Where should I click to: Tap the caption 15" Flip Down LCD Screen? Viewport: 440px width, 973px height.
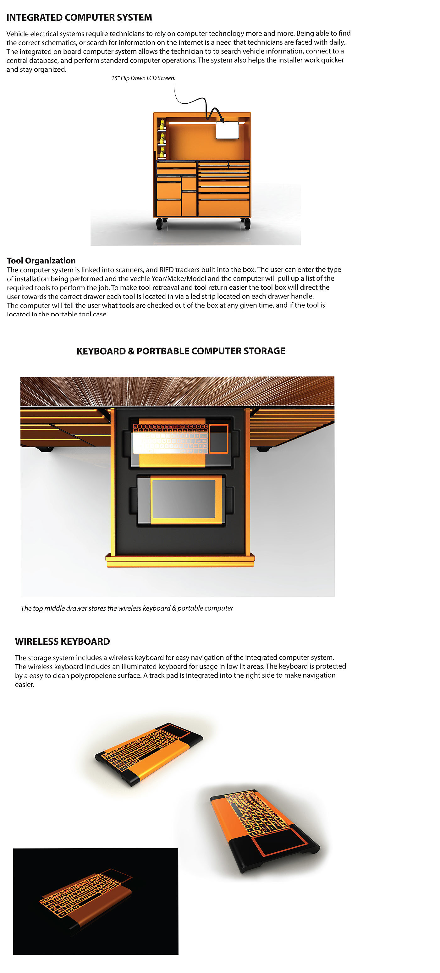pos(143,78)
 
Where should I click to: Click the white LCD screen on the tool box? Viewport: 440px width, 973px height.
pos(227,130)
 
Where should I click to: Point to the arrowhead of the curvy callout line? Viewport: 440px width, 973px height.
pos(222,120)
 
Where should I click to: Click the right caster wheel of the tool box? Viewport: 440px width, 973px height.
pos(246,224)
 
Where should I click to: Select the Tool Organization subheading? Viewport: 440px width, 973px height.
pos(41,261)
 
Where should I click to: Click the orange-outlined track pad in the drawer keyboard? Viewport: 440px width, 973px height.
pos(219,438)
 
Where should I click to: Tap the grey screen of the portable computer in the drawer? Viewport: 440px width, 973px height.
pos(184,499)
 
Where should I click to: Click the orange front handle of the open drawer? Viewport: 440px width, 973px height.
pos(180,560)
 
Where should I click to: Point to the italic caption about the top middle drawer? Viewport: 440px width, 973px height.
pos(127,608)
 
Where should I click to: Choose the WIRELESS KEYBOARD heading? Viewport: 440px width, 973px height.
pos(62,641)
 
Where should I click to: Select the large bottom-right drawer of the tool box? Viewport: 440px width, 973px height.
pos(224,208)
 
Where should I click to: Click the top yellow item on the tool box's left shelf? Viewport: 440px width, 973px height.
pos(162,124)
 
